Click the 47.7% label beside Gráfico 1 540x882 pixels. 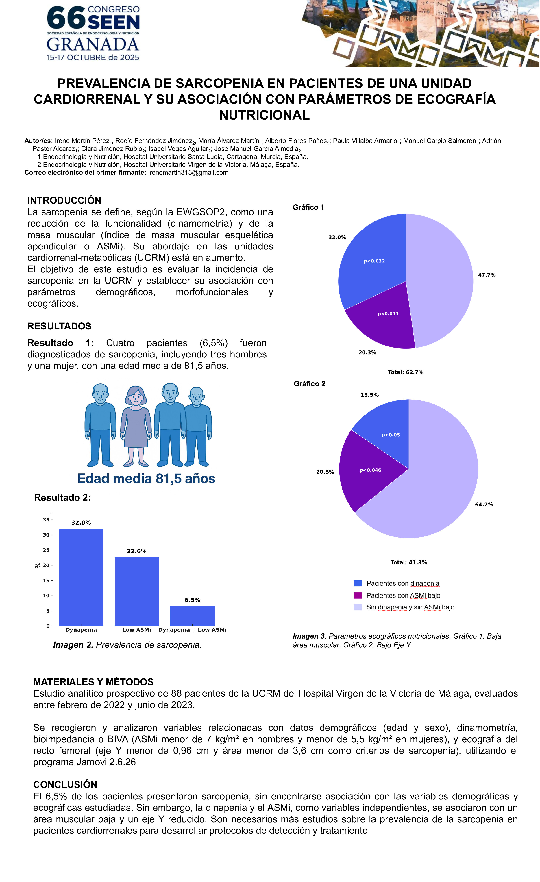click(x=487, y=275)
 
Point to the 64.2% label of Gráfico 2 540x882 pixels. click(x=484, y=504)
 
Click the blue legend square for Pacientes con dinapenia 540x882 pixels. click(x=358, y=583)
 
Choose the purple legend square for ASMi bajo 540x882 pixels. click(x=358, y=595)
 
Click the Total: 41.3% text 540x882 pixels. click(x=408, y=562)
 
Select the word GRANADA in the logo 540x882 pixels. click(x=93, y=44)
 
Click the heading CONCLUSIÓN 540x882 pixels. click(x=65, y=785)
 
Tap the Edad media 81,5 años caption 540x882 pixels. click(x=146, y=479)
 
